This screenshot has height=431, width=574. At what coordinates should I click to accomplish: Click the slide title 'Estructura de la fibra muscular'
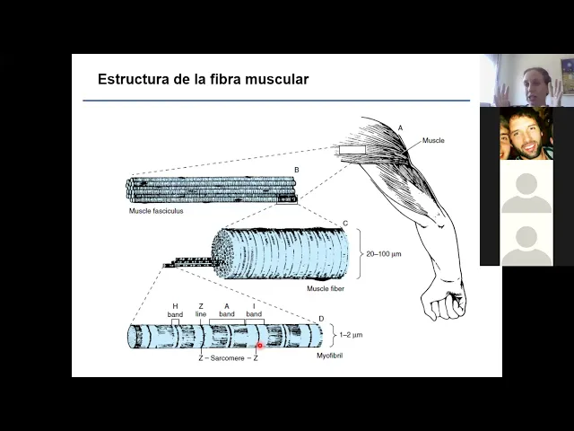pos(204,79)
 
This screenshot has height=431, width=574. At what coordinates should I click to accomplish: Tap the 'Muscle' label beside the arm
pos(433,140)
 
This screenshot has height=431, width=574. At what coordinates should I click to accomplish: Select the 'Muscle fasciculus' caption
pos(156,211)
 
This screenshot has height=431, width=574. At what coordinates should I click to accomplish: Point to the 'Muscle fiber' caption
pos(326,288)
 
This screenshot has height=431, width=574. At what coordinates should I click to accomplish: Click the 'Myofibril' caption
pos(329,356)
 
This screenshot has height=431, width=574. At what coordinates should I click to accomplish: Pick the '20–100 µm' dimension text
pos(384,253)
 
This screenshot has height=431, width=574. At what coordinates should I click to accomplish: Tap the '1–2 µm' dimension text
pos(351,335)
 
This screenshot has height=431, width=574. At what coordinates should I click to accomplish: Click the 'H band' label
pos(175,311)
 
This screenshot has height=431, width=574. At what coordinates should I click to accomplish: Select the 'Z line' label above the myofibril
pos(201,310)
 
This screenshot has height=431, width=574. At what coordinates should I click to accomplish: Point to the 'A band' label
pos(227,310)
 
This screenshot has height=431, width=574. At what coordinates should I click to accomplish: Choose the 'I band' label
pos(254,310)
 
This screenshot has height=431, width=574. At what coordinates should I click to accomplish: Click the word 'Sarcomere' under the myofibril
pos(227,358)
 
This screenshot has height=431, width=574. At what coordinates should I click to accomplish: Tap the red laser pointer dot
pos(260,346)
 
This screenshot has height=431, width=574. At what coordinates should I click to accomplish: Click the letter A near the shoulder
pos(400,128)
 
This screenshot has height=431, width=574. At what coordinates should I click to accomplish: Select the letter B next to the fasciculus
pos(297,170)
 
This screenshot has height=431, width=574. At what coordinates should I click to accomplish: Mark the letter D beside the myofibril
pos(321,319)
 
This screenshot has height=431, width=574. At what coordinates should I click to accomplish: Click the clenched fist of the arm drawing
pos(444,302)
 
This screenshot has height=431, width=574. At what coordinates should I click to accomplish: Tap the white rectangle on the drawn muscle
pos(352,150)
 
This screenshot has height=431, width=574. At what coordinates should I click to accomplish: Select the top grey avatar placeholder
pos(526,192)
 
